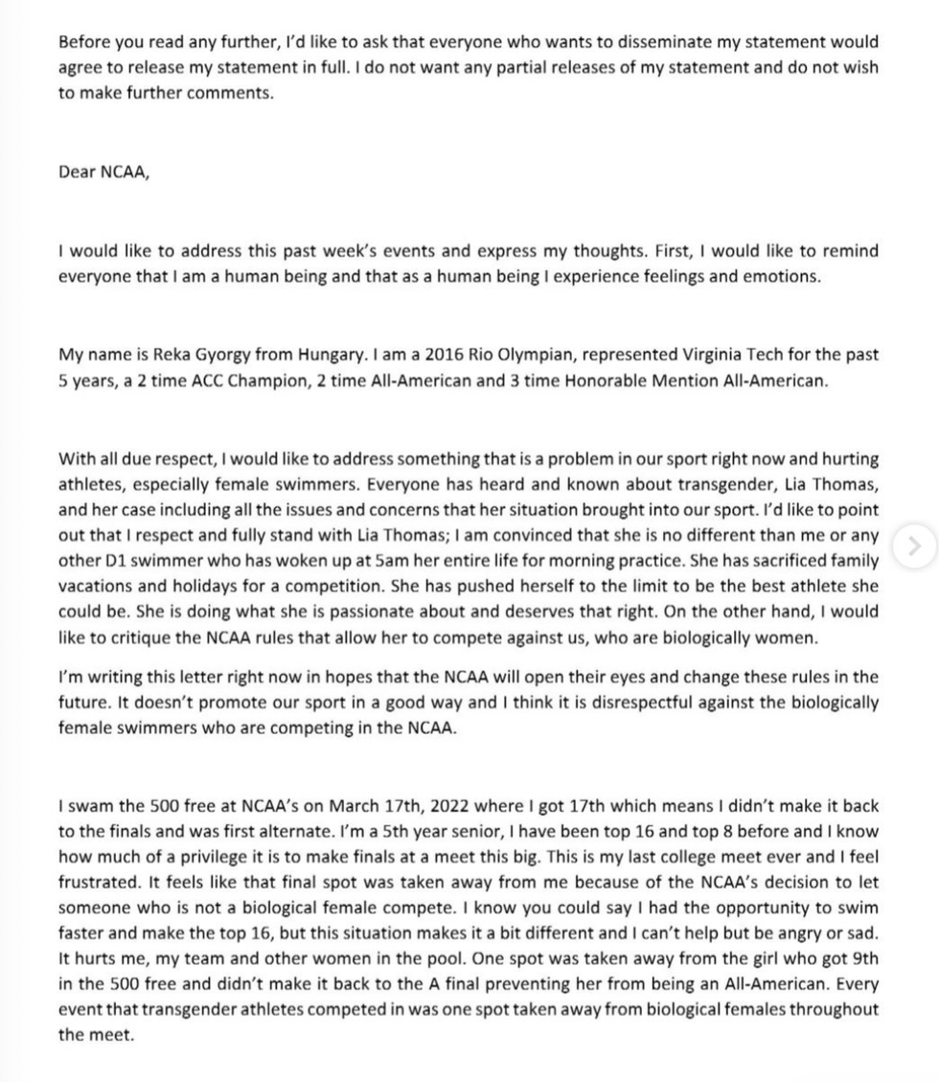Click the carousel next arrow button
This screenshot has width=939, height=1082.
pos(914,546)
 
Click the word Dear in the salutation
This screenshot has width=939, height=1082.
pos(77,173)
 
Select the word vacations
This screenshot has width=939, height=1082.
pos(97,587)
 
